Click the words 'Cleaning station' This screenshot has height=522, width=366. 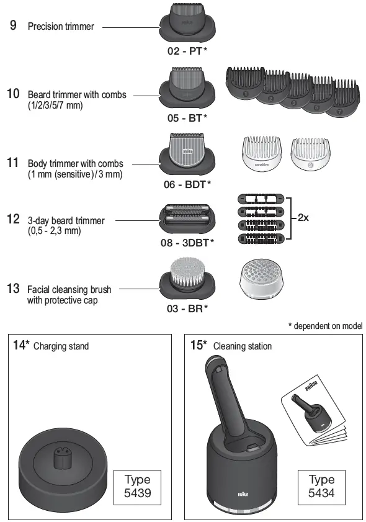click(x=243, y=346)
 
